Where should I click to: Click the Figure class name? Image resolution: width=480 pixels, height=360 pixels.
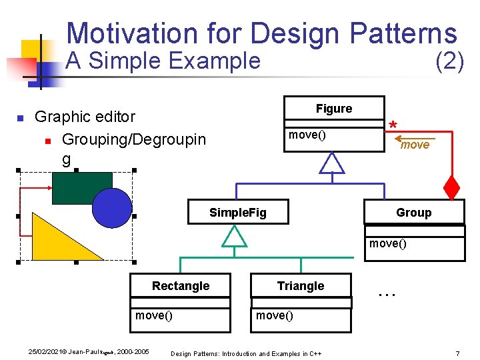point(334,109)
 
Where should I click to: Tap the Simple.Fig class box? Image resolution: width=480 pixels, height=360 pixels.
point(237,213)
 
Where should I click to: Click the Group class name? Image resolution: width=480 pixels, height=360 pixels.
point(413,213)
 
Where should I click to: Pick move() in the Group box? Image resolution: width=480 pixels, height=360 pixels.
point(388,243)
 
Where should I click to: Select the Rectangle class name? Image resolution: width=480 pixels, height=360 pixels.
point(180,286)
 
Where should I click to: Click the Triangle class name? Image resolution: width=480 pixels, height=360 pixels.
point(301,286)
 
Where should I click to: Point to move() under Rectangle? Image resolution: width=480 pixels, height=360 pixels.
point(154,315)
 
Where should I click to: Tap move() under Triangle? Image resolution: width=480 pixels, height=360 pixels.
point(275,315)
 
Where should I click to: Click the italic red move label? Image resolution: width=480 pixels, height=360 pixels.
point(415,145)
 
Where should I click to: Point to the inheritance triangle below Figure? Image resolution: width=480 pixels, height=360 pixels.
point(331,163)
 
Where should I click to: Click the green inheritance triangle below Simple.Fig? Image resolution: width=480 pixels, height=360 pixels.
point(234,236)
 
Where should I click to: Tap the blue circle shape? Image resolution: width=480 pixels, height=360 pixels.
point(112,207)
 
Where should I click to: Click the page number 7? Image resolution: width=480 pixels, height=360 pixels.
point(457,353)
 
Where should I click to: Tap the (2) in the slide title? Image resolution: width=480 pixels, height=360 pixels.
point(449,61)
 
